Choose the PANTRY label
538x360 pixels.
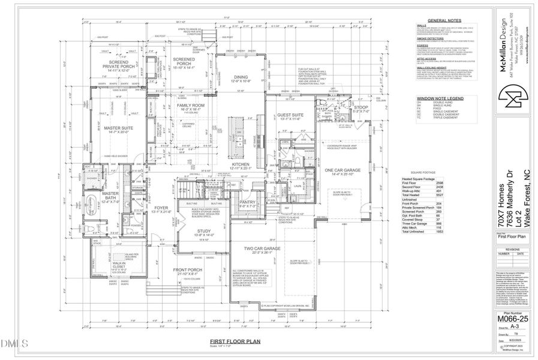point(248,202)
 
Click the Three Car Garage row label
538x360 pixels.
point(420,221)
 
